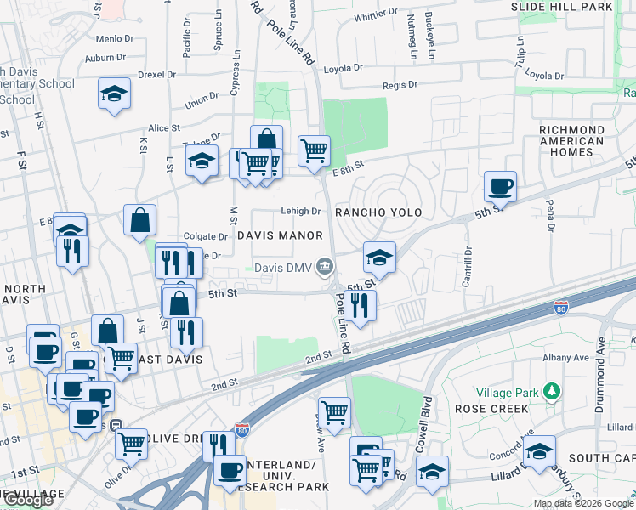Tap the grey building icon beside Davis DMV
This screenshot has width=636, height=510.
coord(324,269)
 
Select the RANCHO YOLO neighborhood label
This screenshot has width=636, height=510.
coord(378,212)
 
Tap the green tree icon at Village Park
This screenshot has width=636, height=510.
coord(554,391)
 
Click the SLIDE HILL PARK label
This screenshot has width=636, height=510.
coord(561,7)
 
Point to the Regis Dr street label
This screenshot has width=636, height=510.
coord(400,85)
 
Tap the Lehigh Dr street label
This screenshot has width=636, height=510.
coord(300,211)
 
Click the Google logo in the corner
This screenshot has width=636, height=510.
coord(30,501)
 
